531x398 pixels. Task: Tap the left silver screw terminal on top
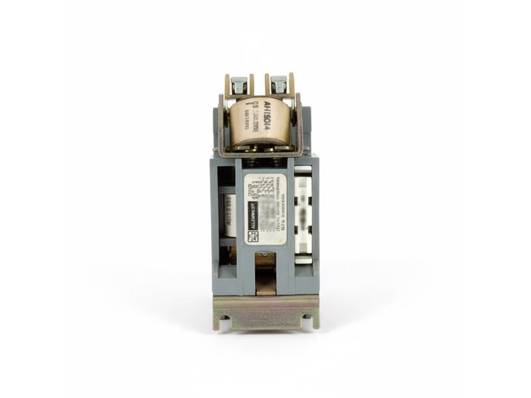[x=239, y=85]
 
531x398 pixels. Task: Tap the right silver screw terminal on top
[x=279, y=84]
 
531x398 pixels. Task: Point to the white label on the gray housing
[x=265, y=208]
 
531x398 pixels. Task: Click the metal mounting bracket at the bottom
[x=265, y=312]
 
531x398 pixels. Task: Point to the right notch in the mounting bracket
[x=307, y=324]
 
